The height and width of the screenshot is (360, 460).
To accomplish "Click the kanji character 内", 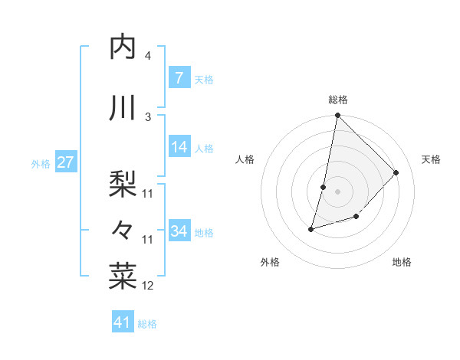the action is click(x=123, y=47).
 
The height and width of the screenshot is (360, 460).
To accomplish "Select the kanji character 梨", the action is click(x=123, y=183).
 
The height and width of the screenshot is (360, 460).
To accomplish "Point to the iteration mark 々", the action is click(x=123, y=229).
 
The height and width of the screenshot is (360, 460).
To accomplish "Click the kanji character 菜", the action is click(x=123, y=275).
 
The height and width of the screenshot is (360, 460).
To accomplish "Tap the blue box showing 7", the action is click(x=179, y=78).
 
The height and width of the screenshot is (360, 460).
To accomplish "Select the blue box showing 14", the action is click(x=179, y=148).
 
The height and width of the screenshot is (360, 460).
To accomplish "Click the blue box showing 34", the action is click(x=179, y=231).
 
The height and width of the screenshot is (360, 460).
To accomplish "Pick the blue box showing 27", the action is click(x=65, y=162).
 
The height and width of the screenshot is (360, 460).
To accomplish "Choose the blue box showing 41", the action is click(x=123, y=322).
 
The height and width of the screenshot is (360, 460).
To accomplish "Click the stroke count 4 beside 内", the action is click(x=147, y=56).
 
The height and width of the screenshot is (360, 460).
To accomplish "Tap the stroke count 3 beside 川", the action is click(x=148, y=116).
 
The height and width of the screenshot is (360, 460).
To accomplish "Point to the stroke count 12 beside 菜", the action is click(x=148, y=286).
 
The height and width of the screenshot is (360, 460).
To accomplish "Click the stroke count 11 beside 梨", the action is click(x=148, y=194).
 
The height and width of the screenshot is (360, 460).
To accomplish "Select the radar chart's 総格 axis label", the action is click(x=337, y=100).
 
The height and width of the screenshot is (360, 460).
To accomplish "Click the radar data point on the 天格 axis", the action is click(x=396, y=172).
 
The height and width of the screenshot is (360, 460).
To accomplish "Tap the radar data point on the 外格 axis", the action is click(x=311, y=228).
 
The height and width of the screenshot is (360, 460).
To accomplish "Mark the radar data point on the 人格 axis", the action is click(x=324, y=187).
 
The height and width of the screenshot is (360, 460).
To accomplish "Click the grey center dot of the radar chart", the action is click(x=337, y=191).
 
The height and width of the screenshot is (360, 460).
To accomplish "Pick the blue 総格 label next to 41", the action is click(x=147, y=324).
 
